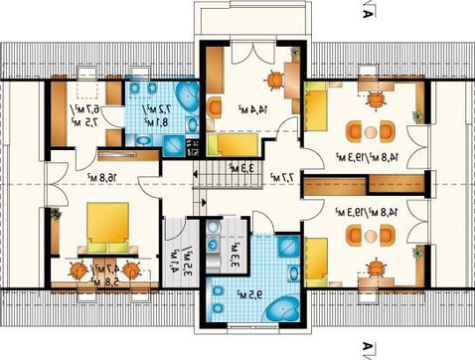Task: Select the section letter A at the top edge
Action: pyautogui.click(x=368, y=12)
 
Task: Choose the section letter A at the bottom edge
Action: pyautogui.click(x=368, y=348)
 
